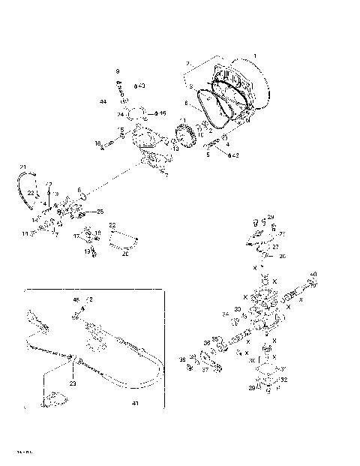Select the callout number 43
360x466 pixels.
[x=142, y=86]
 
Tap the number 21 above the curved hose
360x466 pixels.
[x=22, y=166]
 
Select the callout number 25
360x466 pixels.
[x=100, y=212]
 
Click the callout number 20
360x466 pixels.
[x=125, y=254]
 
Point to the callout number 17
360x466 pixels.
[x=76, y=237]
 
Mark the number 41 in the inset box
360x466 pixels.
[x=135, y=404]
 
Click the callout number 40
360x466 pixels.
[x=313, y=274]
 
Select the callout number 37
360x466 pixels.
[x=205, y=369]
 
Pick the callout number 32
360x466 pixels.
[x=283, y=380]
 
